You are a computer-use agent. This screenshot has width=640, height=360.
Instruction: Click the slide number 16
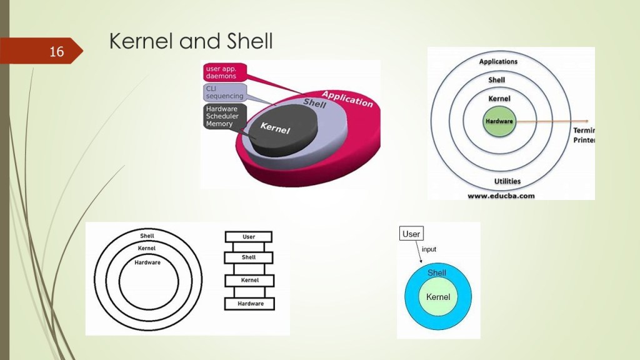(x=56, y=51)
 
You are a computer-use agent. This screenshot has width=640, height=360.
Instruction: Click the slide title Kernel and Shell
(x=191, y=41)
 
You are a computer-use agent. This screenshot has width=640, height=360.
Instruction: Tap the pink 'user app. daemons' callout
(x=224, y=71)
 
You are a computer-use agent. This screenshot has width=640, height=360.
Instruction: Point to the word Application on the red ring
(x=347, y=99)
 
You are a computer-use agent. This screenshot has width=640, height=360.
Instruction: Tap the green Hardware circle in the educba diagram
(x=499, y=121)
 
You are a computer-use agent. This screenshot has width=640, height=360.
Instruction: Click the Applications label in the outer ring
(x=498, y=62)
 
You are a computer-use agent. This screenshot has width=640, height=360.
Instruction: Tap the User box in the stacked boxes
(x=249, y=237)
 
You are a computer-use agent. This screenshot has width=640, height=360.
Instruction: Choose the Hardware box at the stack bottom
(x=249, y=304)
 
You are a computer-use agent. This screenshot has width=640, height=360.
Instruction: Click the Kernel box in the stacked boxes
(x=249, y=281)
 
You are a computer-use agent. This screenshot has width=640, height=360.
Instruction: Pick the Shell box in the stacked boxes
(x=249, y=257)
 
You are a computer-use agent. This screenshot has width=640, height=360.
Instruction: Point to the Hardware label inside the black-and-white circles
(x=147, y=262)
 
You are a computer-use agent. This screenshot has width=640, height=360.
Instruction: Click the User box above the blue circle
(x=411, y=234)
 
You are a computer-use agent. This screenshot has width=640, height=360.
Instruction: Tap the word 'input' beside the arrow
(x=429, y=249)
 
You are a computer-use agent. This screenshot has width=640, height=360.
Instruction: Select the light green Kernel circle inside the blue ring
(x=438, y=297)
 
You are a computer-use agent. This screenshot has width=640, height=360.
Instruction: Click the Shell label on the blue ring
(x=437, y=272)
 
